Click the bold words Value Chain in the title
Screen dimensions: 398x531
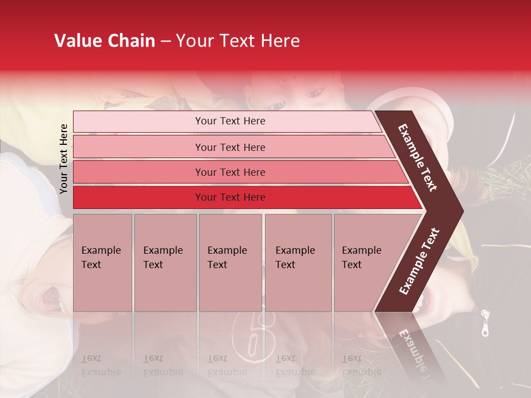[x=105, y=41]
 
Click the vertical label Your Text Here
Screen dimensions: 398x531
[x=64, y=159]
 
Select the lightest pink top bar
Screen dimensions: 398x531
[x=227, y=121]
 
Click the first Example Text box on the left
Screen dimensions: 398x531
[x=102, y=262]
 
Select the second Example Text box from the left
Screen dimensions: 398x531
[x=165, y=262]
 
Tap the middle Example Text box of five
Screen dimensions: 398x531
[x=230, y=262]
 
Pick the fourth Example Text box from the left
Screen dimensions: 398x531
[x=298, y=262]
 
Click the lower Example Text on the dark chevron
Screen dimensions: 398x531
[x=419, y=261]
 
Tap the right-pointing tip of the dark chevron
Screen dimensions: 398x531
[x=460, y=210]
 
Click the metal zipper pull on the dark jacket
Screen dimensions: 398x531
[x=485, y=323]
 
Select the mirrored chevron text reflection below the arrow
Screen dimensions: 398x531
[x=413, y=348]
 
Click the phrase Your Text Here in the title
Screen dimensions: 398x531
[x=238, y=41]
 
